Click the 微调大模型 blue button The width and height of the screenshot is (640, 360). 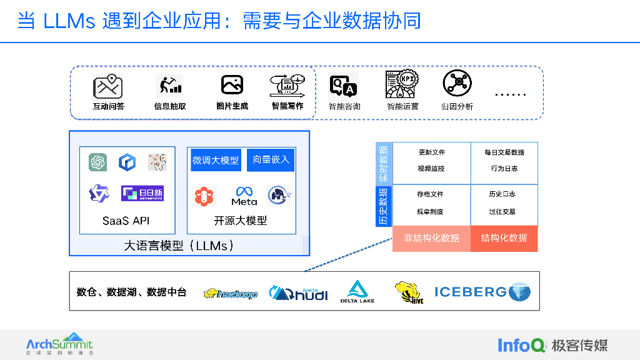[x=216, y=160]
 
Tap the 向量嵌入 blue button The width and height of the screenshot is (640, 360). [x=271, y=160]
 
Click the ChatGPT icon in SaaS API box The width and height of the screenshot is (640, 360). [x=97, y=162]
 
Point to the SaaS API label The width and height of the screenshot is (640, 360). [x=126, y=221]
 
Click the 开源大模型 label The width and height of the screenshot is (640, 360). [x=241, y=221]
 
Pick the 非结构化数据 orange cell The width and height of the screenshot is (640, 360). [x=431, y=238]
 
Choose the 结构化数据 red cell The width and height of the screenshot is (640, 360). [x=504, y=238]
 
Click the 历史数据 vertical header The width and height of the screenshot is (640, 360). [x=383, y=206]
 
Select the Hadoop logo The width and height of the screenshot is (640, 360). [x=231, y=293]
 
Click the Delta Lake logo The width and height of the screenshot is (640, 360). [x=357, y=291]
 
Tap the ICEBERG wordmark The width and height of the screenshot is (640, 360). [x=470, y=291]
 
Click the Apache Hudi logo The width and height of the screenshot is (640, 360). [x=299, y=292]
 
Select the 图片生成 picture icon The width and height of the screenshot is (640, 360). [x=232, y=85]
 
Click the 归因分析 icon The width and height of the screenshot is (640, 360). [x=457, y=84]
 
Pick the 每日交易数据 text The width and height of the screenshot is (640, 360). [x=504, y=152]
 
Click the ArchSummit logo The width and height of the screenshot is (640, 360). [x=59, y=344]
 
